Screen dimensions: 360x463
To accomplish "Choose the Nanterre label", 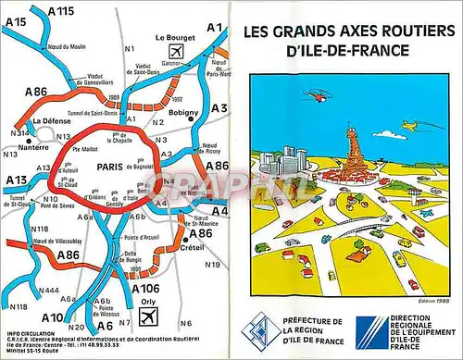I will [x=32, y=146].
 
